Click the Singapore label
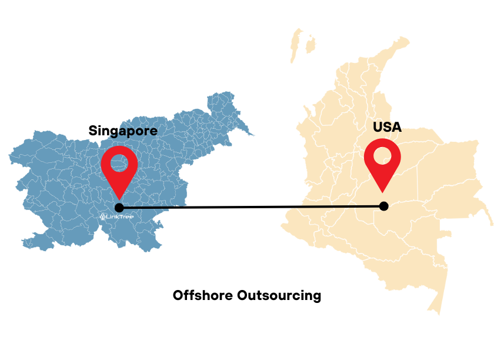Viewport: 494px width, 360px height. coord(123,131)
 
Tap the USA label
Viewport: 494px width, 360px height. coord(387,126)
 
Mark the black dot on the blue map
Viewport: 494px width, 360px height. coord(119,208)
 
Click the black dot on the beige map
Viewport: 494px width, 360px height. coord(384,206)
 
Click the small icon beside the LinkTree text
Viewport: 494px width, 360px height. coord(103,216)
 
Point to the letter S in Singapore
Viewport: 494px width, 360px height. coord(94,131)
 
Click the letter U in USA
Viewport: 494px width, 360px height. coord(378,126)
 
